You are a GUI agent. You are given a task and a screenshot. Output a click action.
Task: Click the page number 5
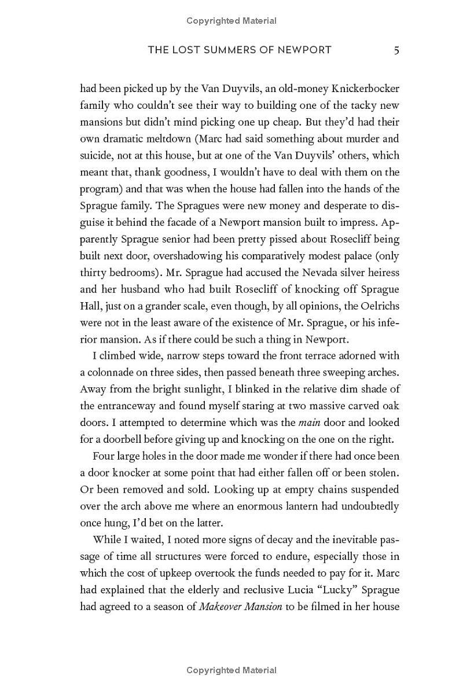tap(396, 50)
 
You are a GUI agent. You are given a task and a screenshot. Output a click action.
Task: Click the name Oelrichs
tap(380, 306)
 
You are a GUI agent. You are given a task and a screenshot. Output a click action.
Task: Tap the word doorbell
tap(125, 439)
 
